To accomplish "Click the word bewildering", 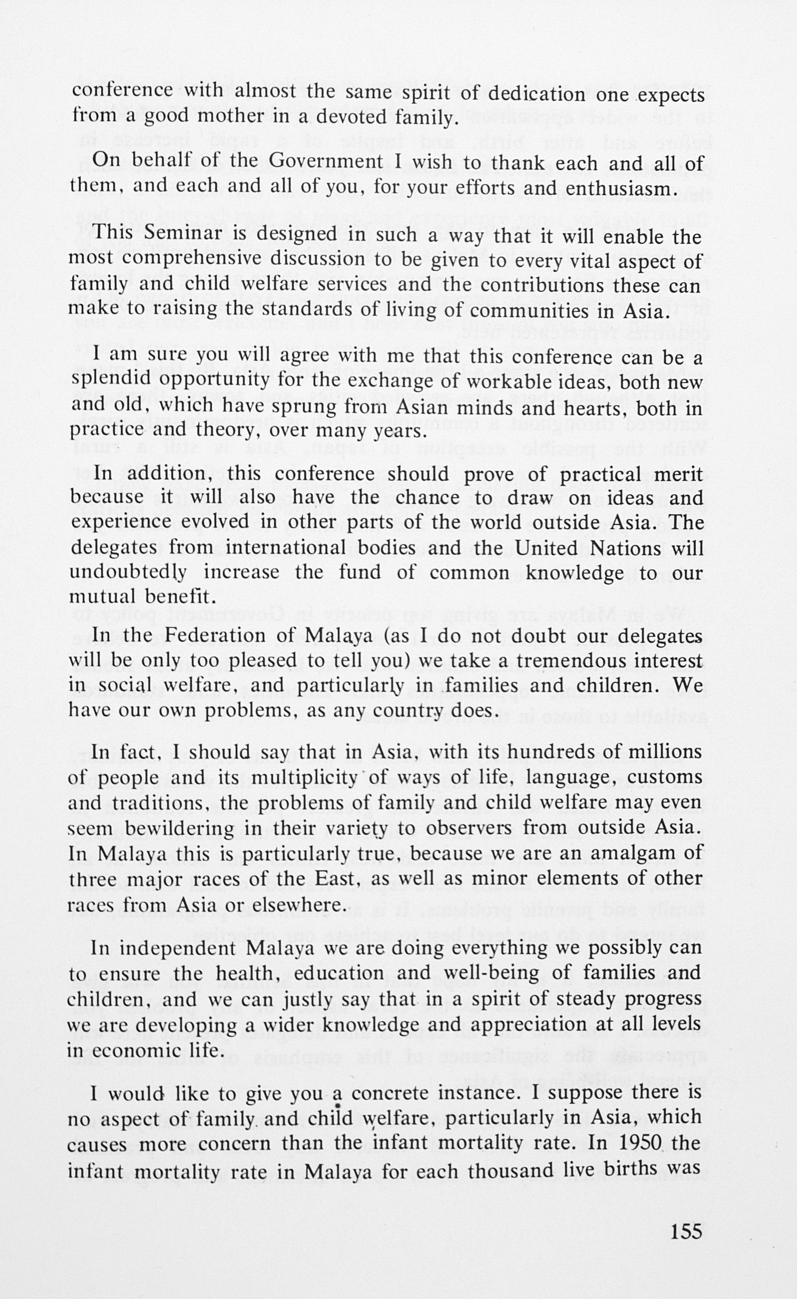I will pyautogui.click(x=174, y=828).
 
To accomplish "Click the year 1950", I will pyautogui.click(x=640, y=1143).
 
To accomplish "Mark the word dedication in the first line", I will pyautogui.click(x=536, y=94).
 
